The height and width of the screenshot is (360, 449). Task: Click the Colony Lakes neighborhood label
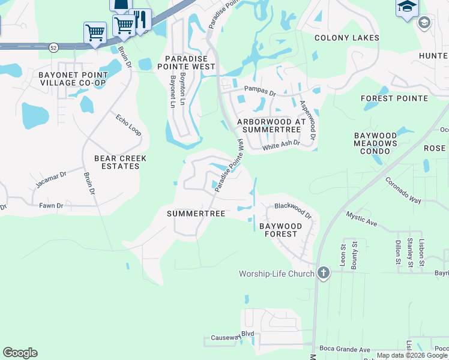pos(347,38)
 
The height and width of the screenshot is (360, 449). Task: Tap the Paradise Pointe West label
pos(190,62)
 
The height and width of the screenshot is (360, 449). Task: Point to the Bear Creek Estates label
pos(120,162)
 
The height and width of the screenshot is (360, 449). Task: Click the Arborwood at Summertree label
pos(271,125)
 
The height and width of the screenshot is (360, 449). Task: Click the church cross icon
pos(323,273)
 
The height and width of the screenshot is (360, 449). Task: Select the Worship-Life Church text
pos(277,274)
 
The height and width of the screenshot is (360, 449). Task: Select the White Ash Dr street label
pos(281,144)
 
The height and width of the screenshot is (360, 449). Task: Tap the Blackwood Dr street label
pos(293,210)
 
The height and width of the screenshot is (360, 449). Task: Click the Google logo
pos(20,353)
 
